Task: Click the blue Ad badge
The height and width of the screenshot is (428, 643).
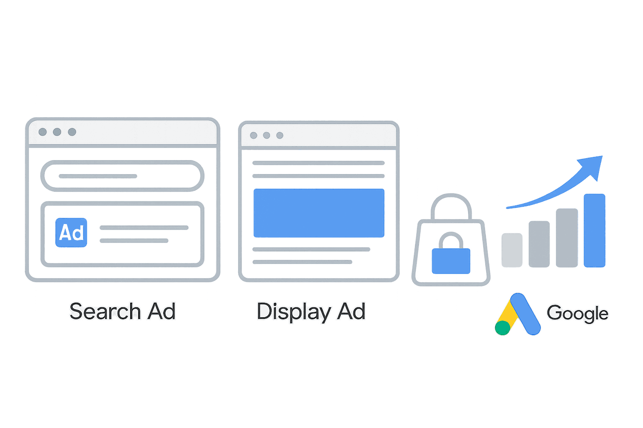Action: [71, 232]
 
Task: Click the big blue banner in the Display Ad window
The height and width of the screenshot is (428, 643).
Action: [319, 213]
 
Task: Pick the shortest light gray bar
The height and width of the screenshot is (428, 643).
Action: [512, 250]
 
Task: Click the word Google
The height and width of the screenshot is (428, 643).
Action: [577, 313]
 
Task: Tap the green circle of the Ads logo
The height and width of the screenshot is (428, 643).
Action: [503, 327]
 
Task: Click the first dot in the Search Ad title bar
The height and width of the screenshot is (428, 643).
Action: [42, 132]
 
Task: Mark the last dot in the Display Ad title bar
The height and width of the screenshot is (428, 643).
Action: [280, 135]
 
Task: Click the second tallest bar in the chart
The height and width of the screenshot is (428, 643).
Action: [567, 237]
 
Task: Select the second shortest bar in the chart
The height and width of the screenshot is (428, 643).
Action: [539, 244]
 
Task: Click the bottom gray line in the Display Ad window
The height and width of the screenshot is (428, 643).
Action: [302, 262]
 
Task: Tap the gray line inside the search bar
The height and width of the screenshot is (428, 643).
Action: [98, 176]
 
